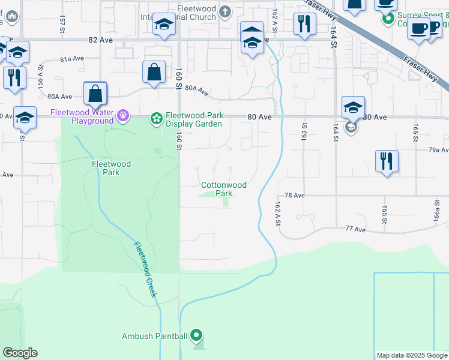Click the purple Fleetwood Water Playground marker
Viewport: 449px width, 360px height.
click(x=123, y=114)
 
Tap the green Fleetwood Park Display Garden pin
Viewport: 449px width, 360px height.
click(x=157, y=118)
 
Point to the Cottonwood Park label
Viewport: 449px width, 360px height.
click(x=223, y=190)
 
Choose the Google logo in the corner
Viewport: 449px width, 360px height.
click(x=20, y=353)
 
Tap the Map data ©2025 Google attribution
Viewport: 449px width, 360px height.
click(x=411, y=355)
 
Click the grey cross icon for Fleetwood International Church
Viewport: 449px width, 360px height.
click(x=224, y=11)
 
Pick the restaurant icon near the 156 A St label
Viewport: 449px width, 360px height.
click(x=13, y=77)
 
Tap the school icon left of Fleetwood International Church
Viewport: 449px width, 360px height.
click(x=163, y=25)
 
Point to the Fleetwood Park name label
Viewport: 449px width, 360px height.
click(x=106, y=168)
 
